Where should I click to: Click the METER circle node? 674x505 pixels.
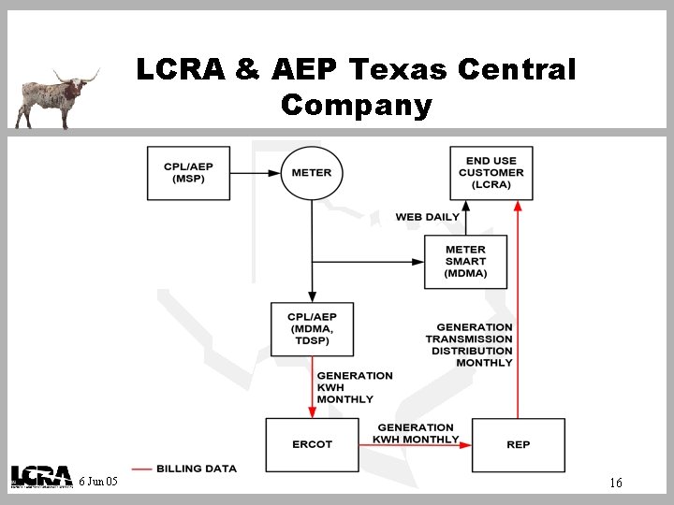pos(312,173)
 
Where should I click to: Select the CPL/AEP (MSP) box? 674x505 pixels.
pos(188,173)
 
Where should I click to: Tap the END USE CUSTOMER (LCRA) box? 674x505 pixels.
pos(491,173)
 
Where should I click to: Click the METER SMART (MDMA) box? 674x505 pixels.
pos(465,262)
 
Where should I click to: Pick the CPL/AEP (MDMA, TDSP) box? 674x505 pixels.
pos(312,329)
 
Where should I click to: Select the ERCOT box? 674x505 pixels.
pos(312,444)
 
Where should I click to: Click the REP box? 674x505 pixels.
pos(518,444)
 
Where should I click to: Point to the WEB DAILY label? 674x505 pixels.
pos(427,217)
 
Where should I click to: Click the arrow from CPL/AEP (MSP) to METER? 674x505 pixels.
pos(256,173)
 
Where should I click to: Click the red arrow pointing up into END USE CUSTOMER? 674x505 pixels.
pos(518,299)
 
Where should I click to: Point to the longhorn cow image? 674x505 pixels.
pos(56,97)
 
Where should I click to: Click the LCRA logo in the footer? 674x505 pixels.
pos(41,477)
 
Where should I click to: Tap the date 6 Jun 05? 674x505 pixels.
pos(98,482)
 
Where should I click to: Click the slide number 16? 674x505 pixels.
pos(615,483)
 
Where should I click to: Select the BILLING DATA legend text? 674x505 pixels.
pos(197,468)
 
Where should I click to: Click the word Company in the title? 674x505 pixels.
pos(356,105)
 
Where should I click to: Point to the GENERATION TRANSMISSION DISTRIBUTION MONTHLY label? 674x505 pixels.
pos(470,345)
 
